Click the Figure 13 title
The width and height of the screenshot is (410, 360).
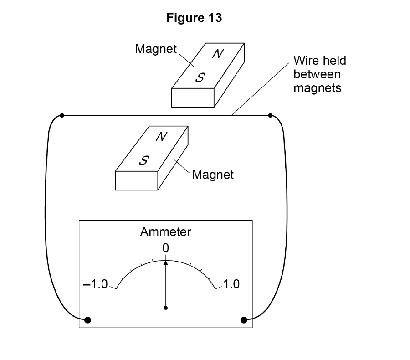point(194,18)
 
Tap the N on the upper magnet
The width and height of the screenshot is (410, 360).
point(218,54)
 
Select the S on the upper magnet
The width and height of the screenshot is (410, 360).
point(200,77)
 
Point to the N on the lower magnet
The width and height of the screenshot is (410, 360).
point(161,136)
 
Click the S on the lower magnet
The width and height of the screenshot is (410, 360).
point(144,160)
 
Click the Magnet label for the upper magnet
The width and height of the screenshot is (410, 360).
point(156,49)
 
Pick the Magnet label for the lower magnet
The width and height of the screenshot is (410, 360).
point(213,175)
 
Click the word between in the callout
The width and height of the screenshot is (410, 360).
point(317,74)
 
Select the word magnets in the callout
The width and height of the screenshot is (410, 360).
point(318,88)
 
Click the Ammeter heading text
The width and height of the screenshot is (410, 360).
point(165,232)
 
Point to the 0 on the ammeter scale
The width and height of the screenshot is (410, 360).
point(165,248)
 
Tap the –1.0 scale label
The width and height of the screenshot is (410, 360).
point(96,284)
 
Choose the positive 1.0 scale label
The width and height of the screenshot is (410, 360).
point(231,284)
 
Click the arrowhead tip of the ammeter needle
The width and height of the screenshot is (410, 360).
point(165,261)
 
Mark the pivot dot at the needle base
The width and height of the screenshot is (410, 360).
point(165,308)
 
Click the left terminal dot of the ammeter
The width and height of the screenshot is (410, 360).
point(87,320)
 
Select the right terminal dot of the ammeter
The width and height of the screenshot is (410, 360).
point(244,320)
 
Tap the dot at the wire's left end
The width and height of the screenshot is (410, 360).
point(62,115)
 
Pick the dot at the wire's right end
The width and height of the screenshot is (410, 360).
point(270,115)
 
